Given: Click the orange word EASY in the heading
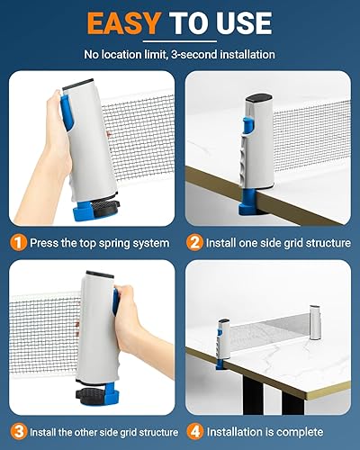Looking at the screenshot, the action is [123, 23].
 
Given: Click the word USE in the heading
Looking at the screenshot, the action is [243, 23].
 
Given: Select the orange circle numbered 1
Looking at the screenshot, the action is [19, 242].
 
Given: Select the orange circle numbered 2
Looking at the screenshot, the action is [194, 242].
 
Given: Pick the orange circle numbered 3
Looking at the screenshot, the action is [19, 432].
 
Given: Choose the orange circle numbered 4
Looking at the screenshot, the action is [194, 432].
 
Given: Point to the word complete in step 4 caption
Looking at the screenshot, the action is [300, 432].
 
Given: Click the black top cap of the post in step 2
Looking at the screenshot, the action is [259, 98].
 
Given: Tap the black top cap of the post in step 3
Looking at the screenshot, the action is [100, 274].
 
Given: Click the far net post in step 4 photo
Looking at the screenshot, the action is [314, 322].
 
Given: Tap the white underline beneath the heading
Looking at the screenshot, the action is [180, 41].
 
